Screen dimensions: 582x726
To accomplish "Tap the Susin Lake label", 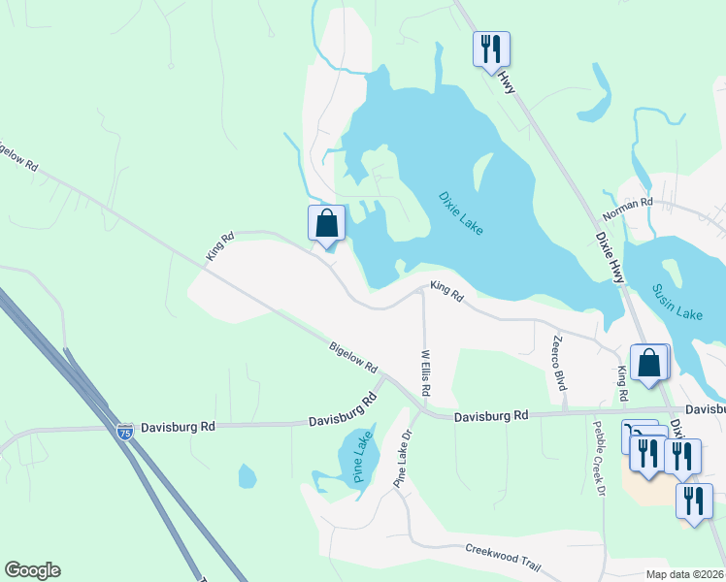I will [676, 302].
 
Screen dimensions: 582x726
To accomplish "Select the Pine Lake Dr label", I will [404, 462].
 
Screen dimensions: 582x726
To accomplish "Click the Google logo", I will [32, 570].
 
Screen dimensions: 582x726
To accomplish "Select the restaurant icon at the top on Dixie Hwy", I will [491, 48].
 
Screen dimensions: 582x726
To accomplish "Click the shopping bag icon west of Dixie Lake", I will [327, 222].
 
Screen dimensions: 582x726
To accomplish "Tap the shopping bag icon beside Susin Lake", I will [649, 362].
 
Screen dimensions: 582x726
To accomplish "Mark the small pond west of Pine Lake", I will [247, 476].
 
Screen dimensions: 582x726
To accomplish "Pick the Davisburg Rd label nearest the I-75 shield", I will [177, 426].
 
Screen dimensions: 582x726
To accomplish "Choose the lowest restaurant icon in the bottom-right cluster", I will [694, 501].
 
